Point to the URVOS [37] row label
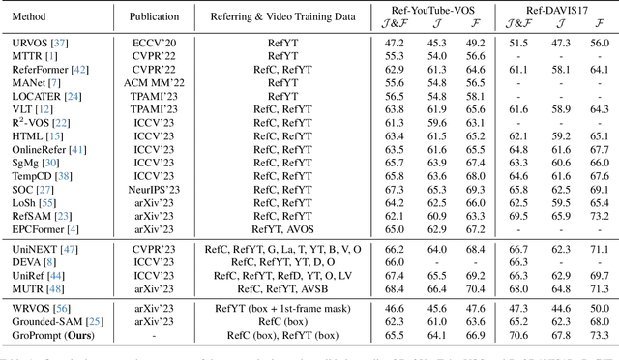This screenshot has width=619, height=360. pyautogui.click(x=33, y=44)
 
